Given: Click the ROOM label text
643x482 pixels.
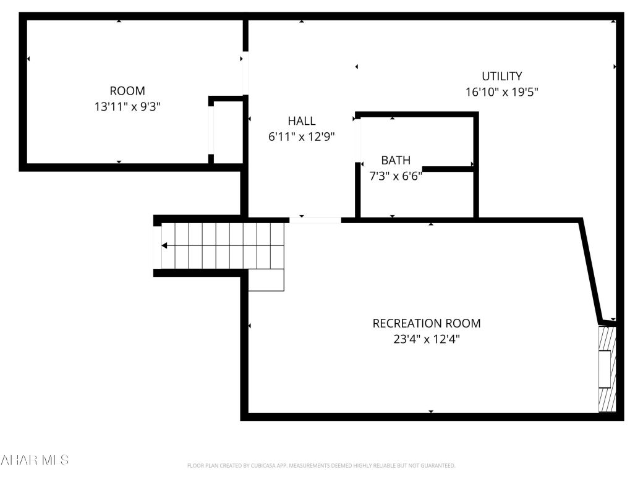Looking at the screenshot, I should [127, 91].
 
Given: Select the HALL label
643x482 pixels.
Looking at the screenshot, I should [301, 121].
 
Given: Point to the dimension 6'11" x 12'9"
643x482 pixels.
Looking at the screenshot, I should [301, 137].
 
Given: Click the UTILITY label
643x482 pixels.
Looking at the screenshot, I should [502, 76].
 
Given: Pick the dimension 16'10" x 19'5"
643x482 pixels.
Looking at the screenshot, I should [502, 92].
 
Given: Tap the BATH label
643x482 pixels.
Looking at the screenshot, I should [395, 161].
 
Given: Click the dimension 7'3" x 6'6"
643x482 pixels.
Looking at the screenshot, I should [395, 176].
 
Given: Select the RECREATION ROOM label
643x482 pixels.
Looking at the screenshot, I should [426, 323].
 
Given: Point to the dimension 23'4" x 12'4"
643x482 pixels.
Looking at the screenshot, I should [426, 339].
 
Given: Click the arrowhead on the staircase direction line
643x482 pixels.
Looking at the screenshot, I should [164, 245].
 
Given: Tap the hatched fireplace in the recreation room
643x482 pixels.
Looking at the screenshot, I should [607, 369].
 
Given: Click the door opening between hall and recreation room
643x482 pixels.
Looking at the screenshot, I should [315, 219].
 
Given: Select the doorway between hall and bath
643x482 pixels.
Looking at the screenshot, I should [357, 139].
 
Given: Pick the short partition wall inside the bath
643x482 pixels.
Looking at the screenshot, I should [448, 169].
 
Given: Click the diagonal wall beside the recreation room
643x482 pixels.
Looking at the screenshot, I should [590, 272].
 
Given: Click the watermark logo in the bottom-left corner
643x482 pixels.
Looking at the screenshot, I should [35, 459].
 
